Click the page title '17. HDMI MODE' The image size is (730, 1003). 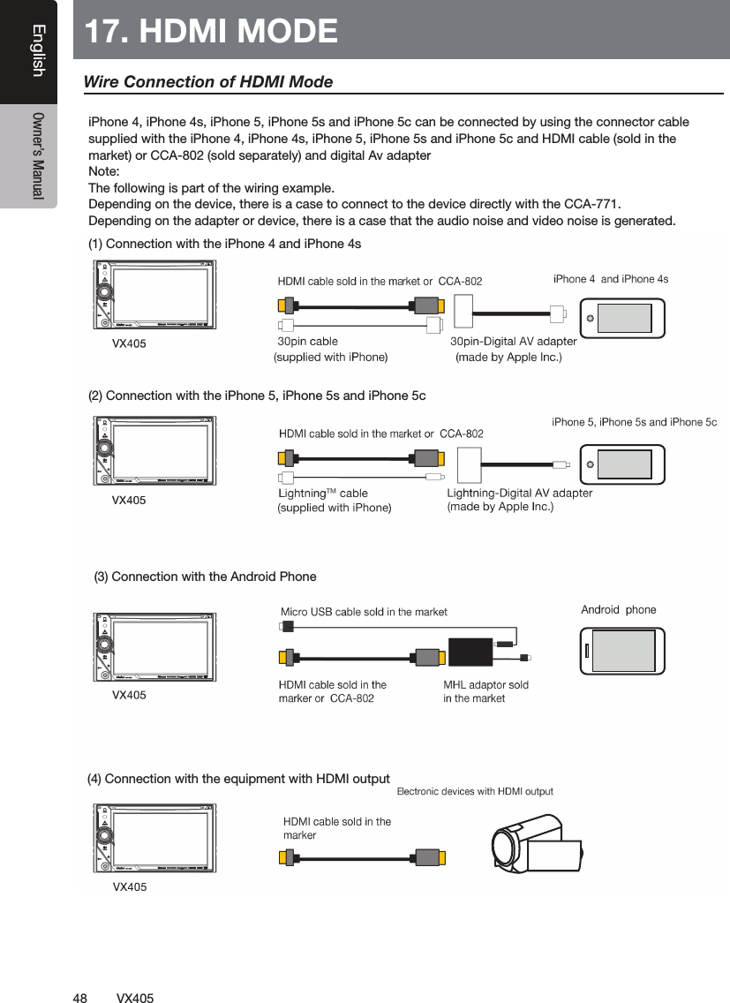coord(212,31)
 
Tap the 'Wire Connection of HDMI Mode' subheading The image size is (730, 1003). coord(207,82)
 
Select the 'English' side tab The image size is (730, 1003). coord(36,50)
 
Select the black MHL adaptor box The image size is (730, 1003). coord(482,651)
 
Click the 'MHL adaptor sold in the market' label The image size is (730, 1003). coord(485,691)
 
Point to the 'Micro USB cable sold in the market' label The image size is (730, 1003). coord(364,612)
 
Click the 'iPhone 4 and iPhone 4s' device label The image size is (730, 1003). coord(610,279)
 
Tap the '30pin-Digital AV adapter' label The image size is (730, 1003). coord(513,341)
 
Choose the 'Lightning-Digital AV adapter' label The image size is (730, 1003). coord(519,493)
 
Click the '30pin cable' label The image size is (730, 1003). coord(308,341)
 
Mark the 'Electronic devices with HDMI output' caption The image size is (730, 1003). coord(475,791)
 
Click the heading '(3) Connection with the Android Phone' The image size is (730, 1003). coord(205,577)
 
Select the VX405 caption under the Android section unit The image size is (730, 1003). coord(129,695)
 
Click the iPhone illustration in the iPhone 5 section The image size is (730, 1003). coord(622,464)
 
